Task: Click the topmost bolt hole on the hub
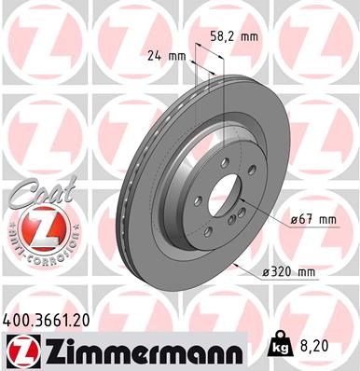216,164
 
